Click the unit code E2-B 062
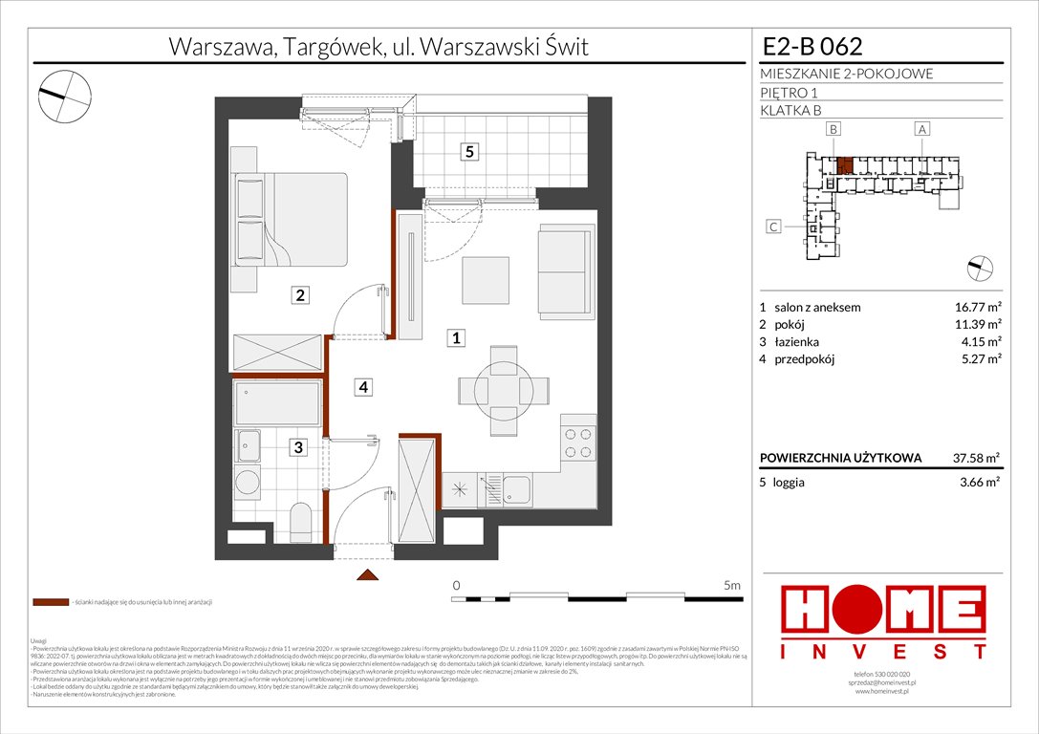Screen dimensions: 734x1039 tap(812, 46)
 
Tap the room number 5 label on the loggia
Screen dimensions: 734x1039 tap(467, 151)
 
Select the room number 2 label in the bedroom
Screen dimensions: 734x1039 tap(300, 296)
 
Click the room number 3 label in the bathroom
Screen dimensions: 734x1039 tap(299, 446)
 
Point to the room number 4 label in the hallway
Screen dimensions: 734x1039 tap(362, 387)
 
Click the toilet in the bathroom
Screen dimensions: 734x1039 tap(300, 520)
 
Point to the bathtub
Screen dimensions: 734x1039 tap(277, 404)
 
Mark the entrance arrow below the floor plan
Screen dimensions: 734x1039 tap(366, 575)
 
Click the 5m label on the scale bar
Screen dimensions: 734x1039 tap(733, 584)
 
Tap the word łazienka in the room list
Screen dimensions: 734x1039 tap(797, 342)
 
